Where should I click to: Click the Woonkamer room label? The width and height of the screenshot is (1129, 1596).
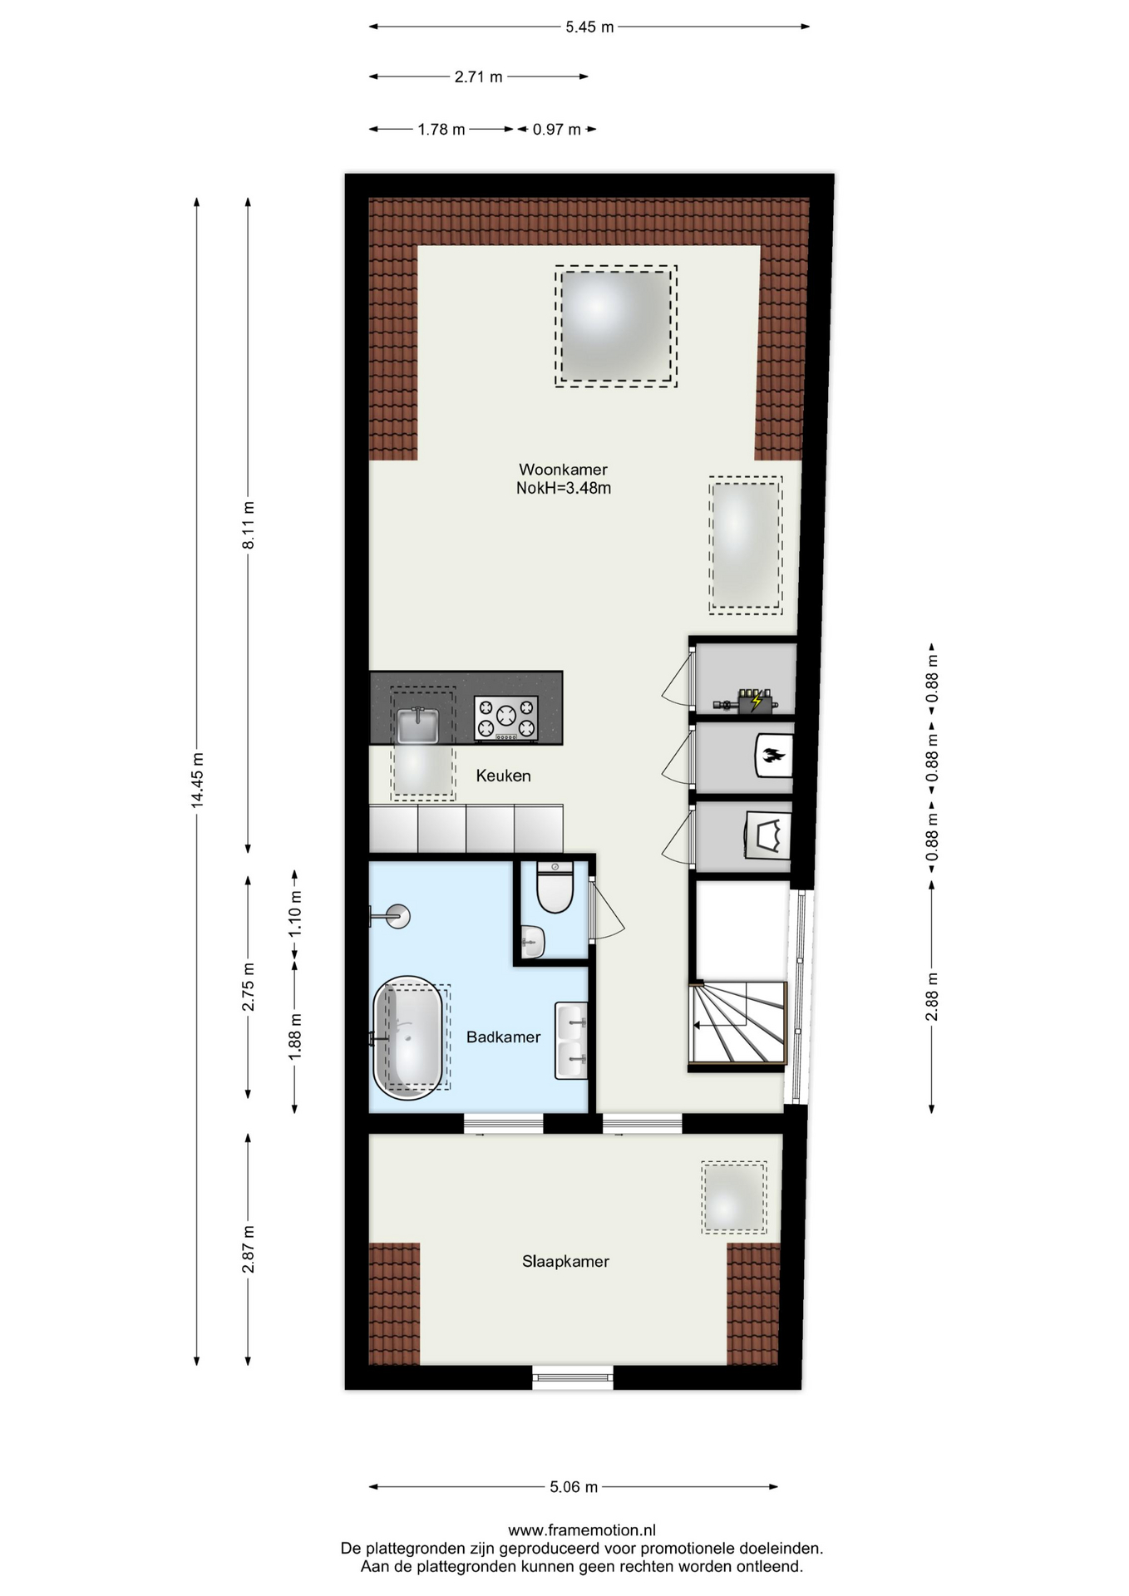(x=563, y=470)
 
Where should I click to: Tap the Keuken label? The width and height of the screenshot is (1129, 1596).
(x=503, y=776)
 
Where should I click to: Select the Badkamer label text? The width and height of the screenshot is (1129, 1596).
(x=503, y=1037)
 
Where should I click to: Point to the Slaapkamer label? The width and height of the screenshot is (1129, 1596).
(x=565, y=1261)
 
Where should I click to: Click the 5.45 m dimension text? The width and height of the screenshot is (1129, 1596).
(x=589, y=27)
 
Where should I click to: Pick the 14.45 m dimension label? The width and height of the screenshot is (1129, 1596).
(x=197, y=780)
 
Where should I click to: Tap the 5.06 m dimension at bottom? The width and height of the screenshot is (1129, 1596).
(x=574, y=1486)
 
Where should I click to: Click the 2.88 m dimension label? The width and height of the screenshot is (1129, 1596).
(x=932, y=997)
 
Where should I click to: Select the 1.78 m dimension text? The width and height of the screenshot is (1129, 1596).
(x=441, y=129)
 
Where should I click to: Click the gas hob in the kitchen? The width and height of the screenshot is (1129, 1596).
(x=505, y=718)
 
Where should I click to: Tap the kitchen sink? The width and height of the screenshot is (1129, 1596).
(x=418, y=725)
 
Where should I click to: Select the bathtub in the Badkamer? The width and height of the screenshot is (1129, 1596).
(x=408, y=1037)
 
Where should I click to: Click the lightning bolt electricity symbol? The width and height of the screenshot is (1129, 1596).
(x=757, y=701)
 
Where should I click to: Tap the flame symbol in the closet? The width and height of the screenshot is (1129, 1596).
(x=772, y=756)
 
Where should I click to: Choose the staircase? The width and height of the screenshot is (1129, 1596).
(x=738, y=1023)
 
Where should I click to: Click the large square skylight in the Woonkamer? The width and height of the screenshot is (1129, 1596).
(x=616, y=326)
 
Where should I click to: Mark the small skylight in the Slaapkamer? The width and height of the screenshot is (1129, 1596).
(x=733, y=1197)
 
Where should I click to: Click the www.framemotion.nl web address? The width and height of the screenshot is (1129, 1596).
(x=582, y=1530)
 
